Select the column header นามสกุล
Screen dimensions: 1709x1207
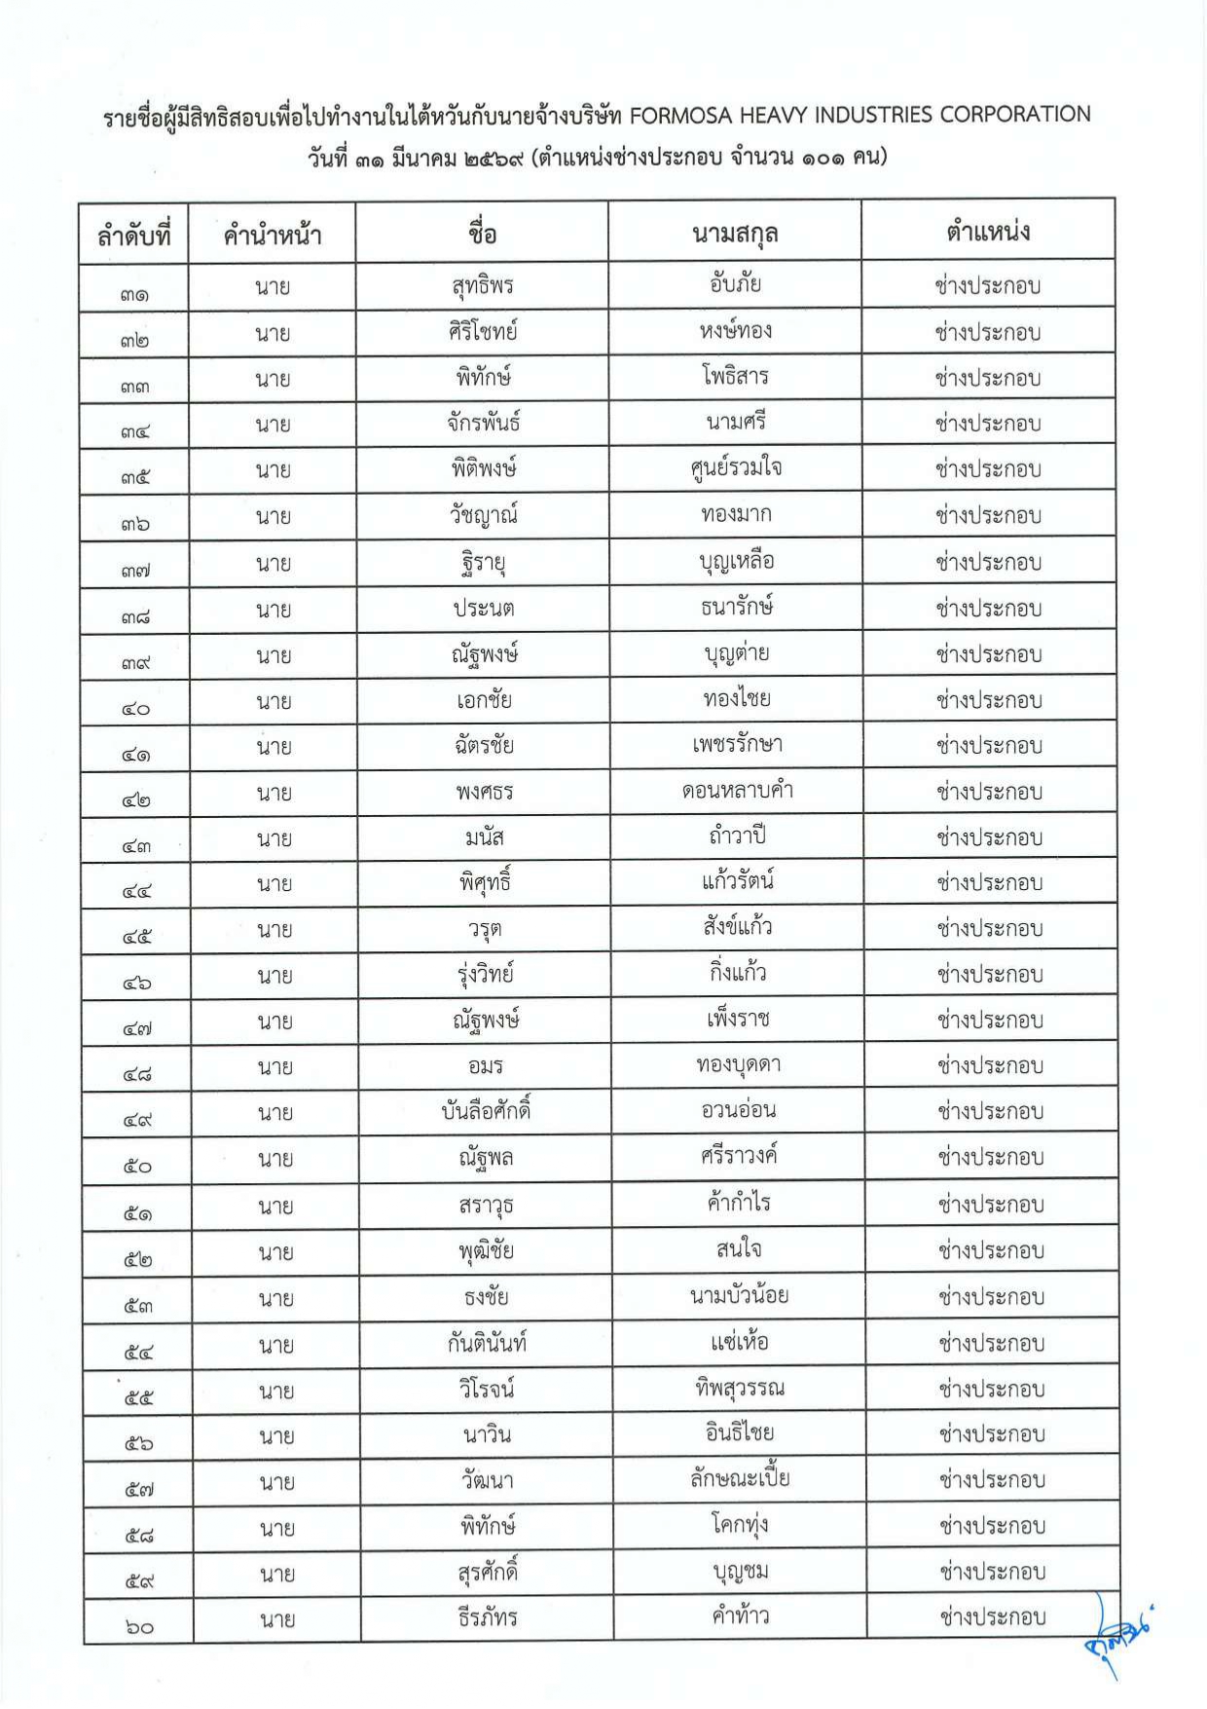pyautogui.click(x=735, y=234)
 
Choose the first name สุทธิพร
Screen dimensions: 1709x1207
pyautogui.click(x=483, y=286)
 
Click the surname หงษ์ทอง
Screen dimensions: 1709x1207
pyautogui.click(x=736, y=332)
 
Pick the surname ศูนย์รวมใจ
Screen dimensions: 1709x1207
pyautogui.click(x=736, y=469)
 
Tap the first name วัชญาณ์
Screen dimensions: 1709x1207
pyautogui.click(x=484, y=515)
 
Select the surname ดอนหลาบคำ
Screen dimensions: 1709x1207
pyautogui.click(x=737, y=791)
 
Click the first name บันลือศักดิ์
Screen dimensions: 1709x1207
pyautogui.click(x=486, y=1111)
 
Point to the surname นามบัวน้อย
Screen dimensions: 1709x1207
pyautogui.click(x=739, y=1296)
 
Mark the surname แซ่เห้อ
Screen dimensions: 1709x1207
pyautogui.click(x=739, y=1343)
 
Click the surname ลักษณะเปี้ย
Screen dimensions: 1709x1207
pyautogui.click(x=740, y=1480)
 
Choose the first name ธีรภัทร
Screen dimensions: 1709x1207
pyautogui.click(x=488, y=1618)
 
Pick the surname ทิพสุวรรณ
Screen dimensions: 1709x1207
pyautogui.click(x=740, y=1389)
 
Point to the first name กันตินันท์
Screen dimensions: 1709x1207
pyautogui.click(x=487, y=1344)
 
